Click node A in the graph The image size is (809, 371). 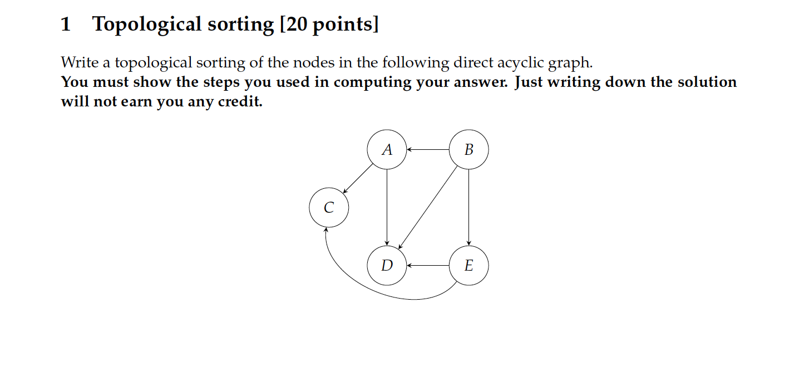pos(387,149)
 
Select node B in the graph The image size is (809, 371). pos(468,149)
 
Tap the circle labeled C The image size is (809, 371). pos(329,208)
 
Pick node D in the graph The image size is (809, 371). pos(387,266)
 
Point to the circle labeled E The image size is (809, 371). pos(468,266)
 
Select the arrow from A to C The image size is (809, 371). pos(358,178)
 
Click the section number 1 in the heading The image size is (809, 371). pos(66,25)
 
